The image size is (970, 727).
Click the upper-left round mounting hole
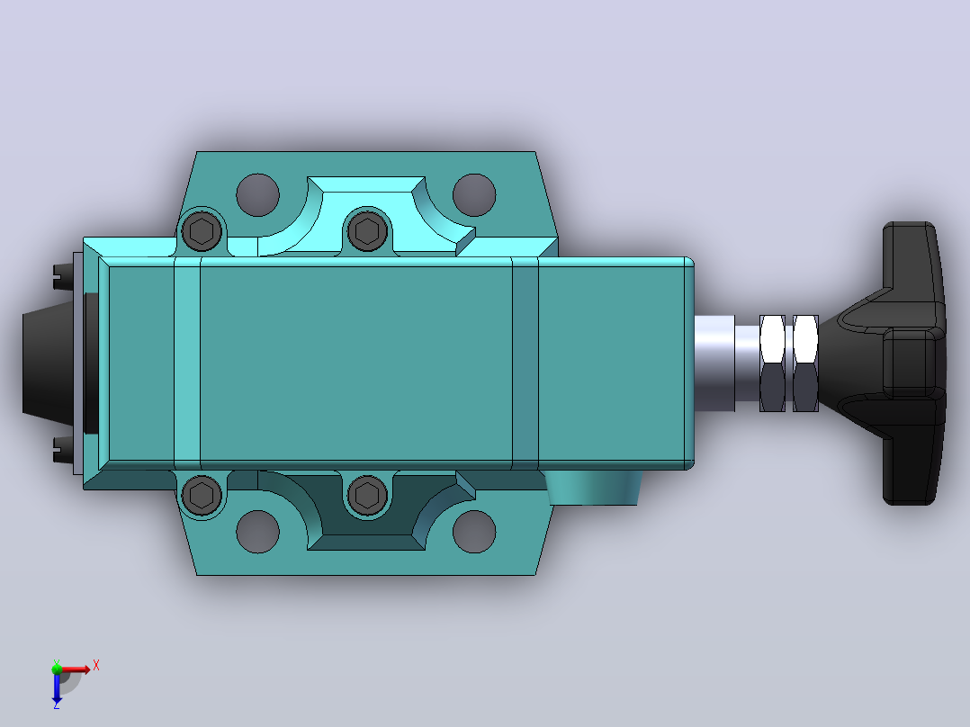point(258,195)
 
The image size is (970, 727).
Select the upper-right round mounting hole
point(474,195)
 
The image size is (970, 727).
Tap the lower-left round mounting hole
point(258,532)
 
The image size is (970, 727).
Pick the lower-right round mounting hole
point(474,532)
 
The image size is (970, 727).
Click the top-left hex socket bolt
point(202,231)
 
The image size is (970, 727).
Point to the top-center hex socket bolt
point(367,231)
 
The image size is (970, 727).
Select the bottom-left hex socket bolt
point(202,495)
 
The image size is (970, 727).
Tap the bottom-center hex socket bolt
point(367,495)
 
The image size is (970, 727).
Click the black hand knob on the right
point(891,363)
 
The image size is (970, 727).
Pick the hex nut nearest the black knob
point(805,363)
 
